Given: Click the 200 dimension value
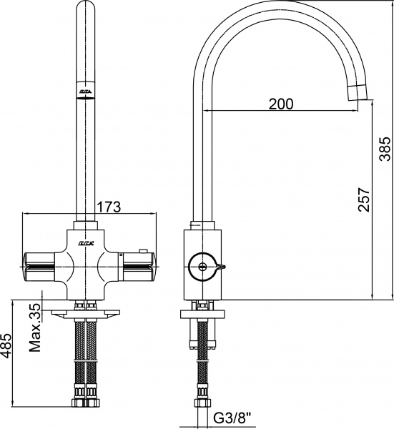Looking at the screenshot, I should (281, 104).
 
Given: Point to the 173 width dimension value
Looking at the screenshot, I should (109, 206).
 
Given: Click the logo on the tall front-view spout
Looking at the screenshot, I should (84, 92).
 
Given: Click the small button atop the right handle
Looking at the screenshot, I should (144, 250).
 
